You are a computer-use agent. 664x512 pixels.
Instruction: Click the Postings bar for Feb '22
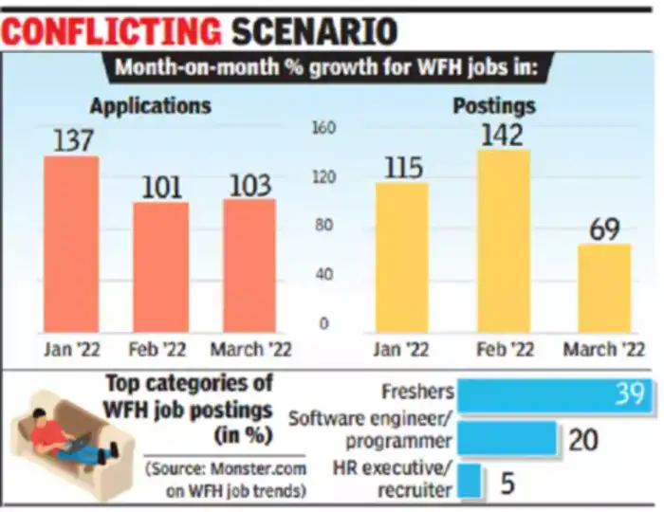pos(503,241)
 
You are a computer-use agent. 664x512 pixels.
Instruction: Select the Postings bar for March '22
pos(604,288)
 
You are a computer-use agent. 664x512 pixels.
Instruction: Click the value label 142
pos(502,135)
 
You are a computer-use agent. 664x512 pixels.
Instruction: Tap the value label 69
pos(604,229)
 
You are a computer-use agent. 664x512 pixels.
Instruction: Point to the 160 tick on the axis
pos(325,128)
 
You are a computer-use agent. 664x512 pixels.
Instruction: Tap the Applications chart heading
pos(150,103)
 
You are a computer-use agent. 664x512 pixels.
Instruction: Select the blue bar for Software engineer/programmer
pos(506,439)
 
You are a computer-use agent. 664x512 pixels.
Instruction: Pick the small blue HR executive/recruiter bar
pos(469,484)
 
